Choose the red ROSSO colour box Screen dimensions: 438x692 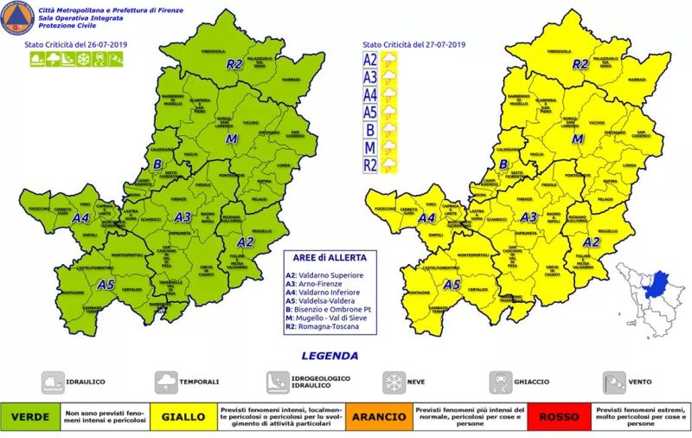click(x=559, y=417)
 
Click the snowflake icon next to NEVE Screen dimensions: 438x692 click(x=394, y=382)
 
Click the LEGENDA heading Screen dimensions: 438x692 click(x=329, y=356)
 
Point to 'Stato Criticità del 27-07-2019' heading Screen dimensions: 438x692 click(x=413, y=43)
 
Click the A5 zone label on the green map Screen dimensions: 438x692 click(x=106, y=284)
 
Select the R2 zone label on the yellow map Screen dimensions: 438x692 click(x=580, y=64)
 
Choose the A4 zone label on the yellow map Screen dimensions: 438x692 click(x=426, y=219)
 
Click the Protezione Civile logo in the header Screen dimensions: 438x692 click(x=11, y=17)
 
